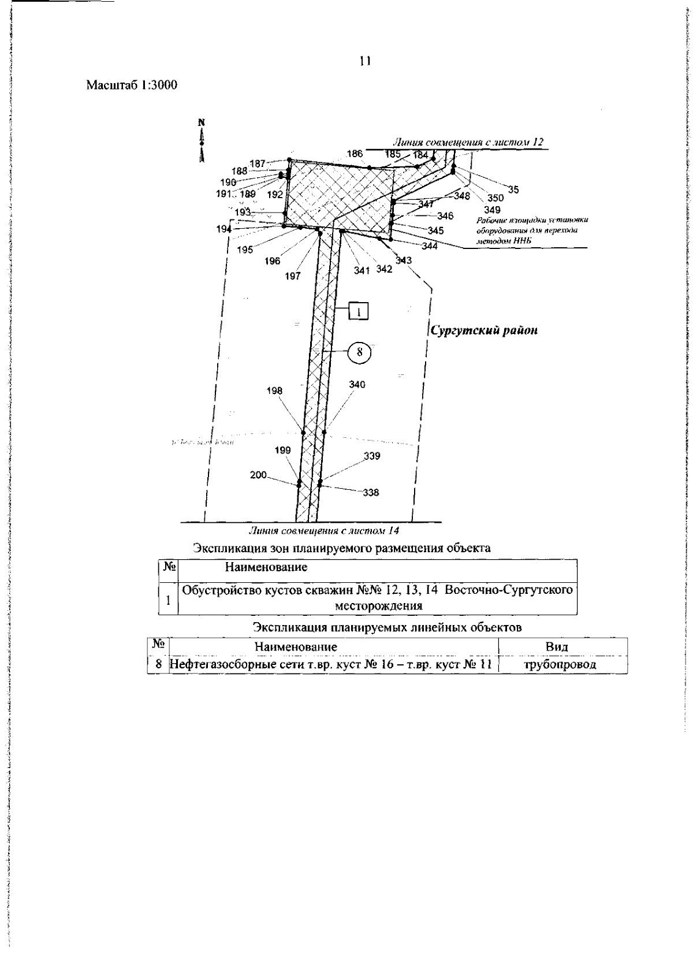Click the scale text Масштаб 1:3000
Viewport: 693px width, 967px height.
(x=132, y=85)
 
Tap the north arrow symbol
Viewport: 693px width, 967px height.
(x=202, y=140)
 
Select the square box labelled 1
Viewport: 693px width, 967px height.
(x=359, y=312)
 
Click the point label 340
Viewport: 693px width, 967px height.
(x=357, y=385)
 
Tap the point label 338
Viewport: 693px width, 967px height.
(x=371, y=493)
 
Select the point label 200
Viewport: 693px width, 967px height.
(x=258, y=475)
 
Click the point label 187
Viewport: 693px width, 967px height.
(x=257, y=163)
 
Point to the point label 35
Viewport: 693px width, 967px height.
(x=513, y=189)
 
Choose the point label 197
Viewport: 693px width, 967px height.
(x=293, y=276)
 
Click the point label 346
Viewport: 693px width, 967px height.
(x=445, y=216)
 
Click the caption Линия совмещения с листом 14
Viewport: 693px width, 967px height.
(x=323, y=530)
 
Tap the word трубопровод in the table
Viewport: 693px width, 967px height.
(x=560, y=664)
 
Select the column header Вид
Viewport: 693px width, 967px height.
(x=557, y=646)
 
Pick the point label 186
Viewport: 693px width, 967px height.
(x=355, y=154)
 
